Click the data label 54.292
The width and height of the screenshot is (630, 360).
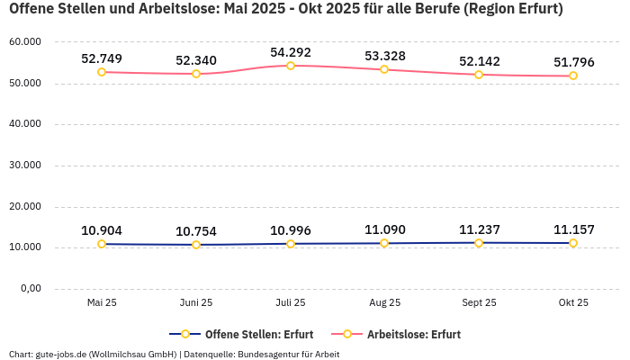[x=290, y=52]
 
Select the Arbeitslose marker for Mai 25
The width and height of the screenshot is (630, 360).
[x=102, y=72]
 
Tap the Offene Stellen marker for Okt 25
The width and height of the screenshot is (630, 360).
[x=573, y=243]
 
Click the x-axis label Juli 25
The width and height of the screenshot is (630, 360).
[x=290, y=302]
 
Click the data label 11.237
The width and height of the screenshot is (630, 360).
[x=479, y=229]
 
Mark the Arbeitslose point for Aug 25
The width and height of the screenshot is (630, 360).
[x=384, y=69]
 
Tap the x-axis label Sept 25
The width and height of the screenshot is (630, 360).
[x=479, y=302]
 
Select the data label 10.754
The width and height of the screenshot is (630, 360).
[x=196, y=231]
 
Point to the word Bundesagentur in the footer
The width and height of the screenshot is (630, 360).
[x=267, y=354]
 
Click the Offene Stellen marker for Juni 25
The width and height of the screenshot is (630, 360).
[x=196, y=245]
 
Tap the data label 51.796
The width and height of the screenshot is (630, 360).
[x=573, y=62]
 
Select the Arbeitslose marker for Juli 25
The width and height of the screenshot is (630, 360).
[x=290, y=66]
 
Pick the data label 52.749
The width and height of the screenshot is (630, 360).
[x=102, y=58]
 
